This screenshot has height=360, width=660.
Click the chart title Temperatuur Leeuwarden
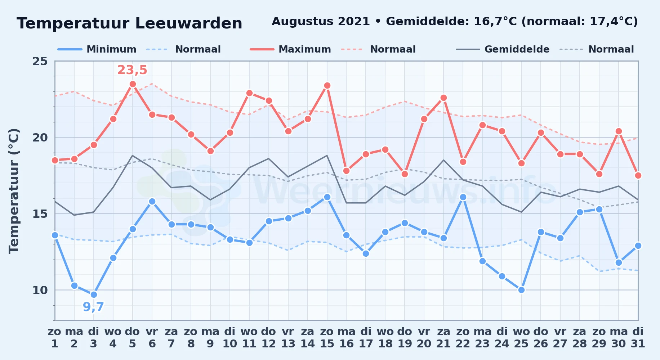coord(129,23)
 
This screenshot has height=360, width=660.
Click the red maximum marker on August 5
coord(133,84)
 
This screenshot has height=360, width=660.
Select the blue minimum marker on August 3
coord(94,294)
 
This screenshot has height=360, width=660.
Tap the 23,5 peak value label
coord(132,70)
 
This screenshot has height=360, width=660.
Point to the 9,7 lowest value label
coord(93,307)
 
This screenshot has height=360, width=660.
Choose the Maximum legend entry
coord(291,49)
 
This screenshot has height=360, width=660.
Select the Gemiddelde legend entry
coord(503,49)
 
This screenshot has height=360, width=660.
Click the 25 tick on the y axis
coord(40,61)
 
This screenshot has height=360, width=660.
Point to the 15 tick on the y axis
coord(40,214)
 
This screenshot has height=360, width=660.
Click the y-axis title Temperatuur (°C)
coord(14,191)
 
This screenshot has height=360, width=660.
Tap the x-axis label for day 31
coord(638,338)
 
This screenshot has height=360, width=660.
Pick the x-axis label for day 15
coord(327,338)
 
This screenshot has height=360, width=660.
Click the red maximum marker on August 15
coord(327,85)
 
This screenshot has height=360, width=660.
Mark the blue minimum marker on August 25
coord(521,290)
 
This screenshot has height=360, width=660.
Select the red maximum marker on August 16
coord(347,171)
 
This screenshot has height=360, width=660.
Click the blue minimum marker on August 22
coord(463,197)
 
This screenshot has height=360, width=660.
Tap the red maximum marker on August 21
coord(443,98)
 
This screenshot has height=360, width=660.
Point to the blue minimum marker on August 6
coord(152,201)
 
